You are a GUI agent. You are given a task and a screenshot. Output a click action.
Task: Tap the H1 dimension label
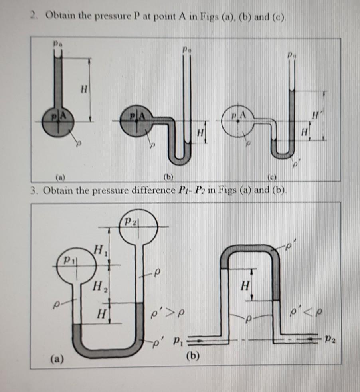(x=99, y=251)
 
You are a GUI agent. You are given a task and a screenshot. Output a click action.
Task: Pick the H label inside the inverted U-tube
(x=244, y=286)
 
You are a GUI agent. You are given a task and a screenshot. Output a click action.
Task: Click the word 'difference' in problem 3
(x=150, y=189)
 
